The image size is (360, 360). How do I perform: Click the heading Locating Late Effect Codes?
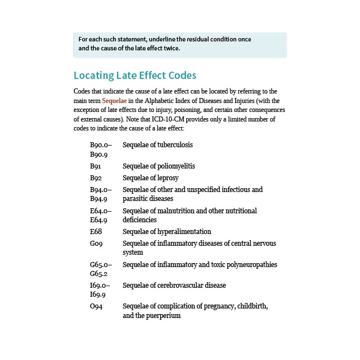pyautogui.click(x=135, y=76)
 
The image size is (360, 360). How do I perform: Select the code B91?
pyautogui.click(x=95, y=166)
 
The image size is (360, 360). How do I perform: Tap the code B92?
pyautogui.click(x=95, y=178)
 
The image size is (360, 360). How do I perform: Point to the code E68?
pyautogui.click(x=96, y=232)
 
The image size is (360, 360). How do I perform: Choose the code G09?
pyautogui.click(x=96, y=244)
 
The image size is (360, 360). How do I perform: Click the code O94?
pyautogui.click(x=96, y=307)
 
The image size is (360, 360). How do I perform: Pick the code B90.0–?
pyautogui.click(x=100, y=144)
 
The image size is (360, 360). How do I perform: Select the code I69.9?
pyautogui.click(x=99, y=294)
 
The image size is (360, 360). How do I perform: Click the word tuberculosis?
pyautogui.click(x=173, y=144)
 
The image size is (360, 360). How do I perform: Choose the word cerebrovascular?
pyautogui.click(x=179, y=286)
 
